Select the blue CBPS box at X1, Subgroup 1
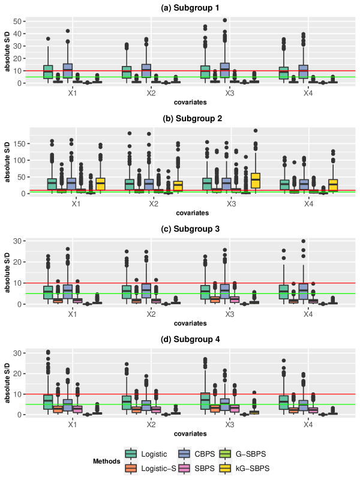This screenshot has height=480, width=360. click(68, 70)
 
